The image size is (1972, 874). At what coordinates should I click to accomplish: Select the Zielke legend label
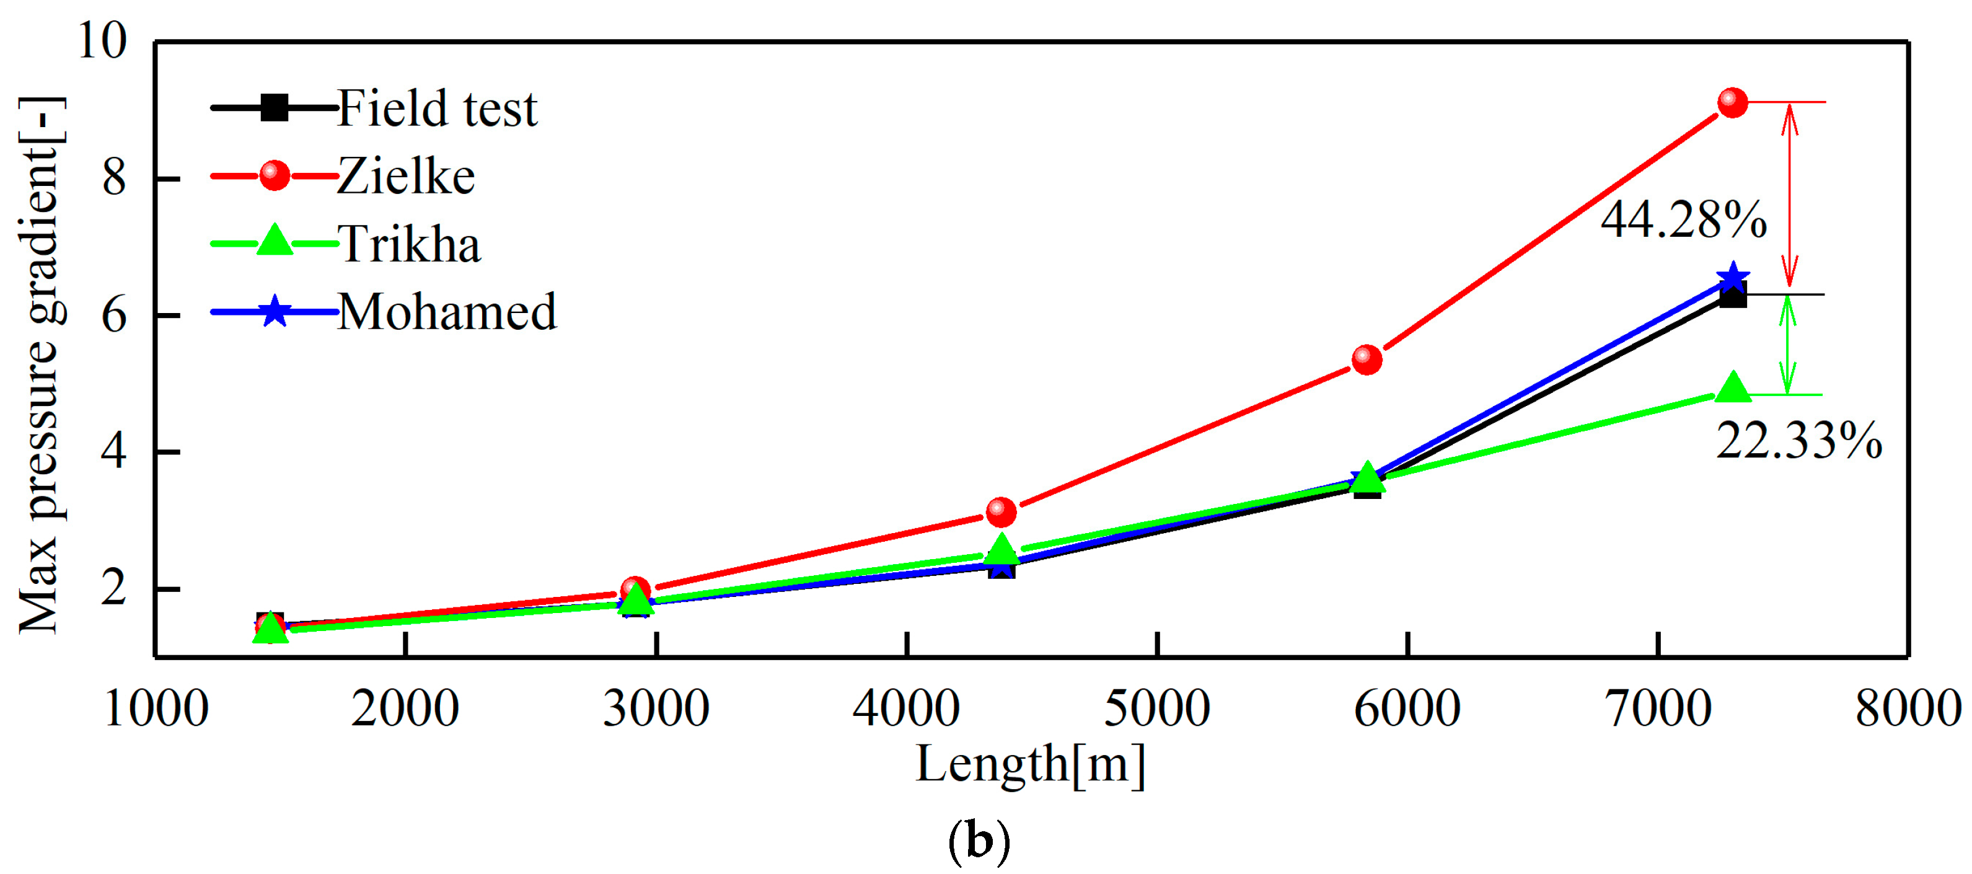tap(406, 176)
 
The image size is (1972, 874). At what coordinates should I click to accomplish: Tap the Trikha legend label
tap(409, 244)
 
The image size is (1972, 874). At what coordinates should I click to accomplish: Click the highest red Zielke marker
tap(1732, 102)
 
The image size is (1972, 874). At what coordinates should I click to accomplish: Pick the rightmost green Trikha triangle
tap(1733, 389)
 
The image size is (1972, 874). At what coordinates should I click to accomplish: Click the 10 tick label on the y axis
tap(102, 40)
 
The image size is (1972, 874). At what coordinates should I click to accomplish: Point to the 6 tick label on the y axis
tap(113, 315)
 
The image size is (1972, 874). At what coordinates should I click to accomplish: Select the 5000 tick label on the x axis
tap(1156, 708)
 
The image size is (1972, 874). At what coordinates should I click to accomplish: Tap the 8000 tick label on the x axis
tap(1908, 708)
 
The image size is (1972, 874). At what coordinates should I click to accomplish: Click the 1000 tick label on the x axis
tap(156, 708)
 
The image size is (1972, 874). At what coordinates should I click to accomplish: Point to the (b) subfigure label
tap(979, 841)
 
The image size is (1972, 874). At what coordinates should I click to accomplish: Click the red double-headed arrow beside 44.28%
tap(1789, 195)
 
